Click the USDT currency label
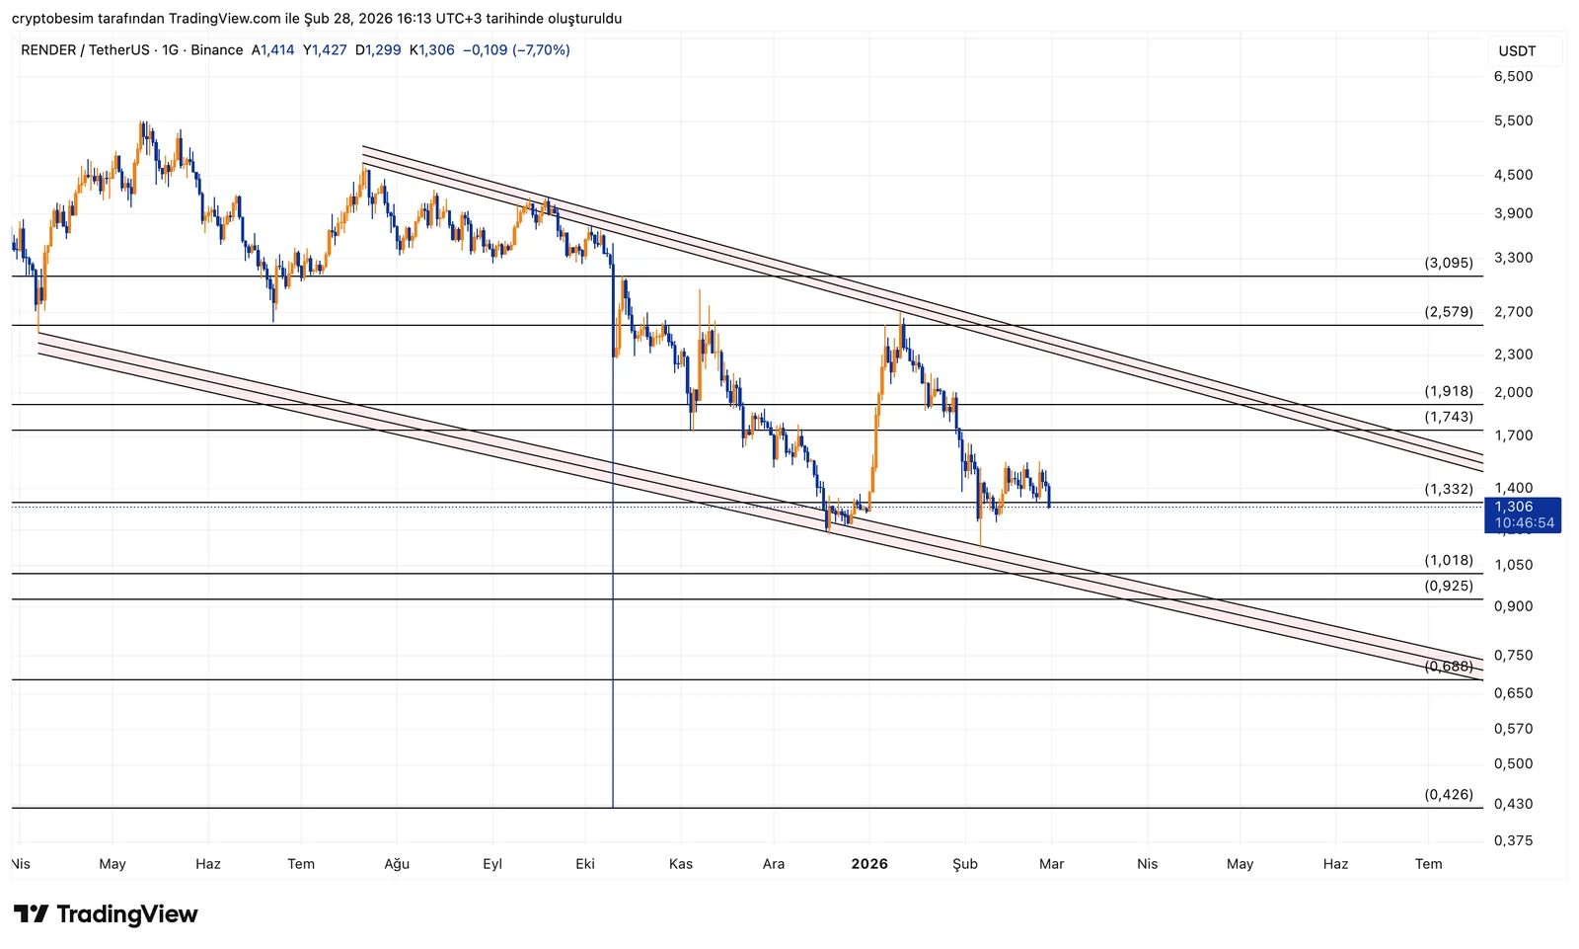1517,51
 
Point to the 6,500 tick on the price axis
1513,76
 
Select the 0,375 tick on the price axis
1513,840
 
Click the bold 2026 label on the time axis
869,864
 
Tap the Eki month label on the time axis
585,864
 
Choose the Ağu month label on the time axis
397,864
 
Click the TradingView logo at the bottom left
106,914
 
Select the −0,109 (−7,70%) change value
516,50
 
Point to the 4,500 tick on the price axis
1513,175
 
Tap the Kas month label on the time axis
681,864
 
